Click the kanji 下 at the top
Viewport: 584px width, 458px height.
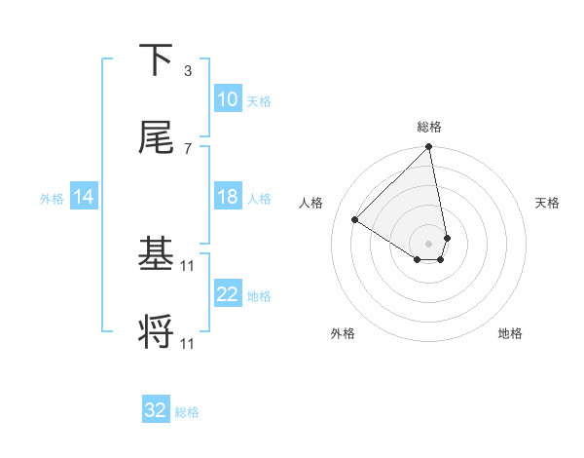pos(156,61)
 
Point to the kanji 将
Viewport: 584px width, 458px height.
pos(156,332)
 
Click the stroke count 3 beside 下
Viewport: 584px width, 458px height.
pos(188,71)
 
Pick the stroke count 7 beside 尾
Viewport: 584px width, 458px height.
pos(188,148)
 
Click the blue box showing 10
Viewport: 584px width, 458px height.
pos(228,99)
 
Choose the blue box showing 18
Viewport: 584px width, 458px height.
pos(228,197)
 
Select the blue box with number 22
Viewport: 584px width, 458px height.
pos(228,294)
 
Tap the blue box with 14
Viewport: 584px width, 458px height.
pos(85,197)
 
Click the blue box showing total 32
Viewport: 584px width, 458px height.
pos(156,410)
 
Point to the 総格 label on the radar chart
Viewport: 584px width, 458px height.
pos(429,127)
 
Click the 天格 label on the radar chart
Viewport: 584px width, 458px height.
pos(548,203)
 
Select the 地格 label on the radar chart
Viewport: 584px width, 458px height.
pos(510,333)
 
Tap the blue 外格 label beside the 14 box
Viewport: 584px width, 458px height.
pos(52,198)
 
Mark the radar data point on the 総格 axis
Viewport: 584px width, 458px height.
pos(428,148)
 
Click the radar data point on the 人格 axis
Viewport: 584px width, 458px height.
pos(355,220)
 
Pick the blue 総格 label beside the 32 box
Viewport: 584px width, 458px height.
pos(187,412)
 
